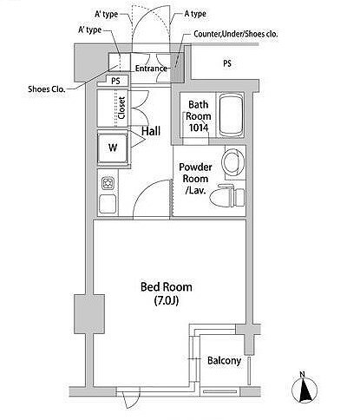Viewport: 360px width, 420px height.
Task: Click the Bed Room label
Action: [167, 287]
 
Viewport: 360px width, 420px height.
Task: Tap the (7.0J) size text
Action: [167, 301]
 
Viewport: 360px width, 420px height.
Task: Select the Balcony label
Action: [225, 361]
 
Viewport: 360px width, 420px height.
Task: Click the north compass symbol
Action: [304, 389]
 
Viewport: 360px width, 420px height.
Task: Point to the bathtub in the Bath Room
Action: [232, 115]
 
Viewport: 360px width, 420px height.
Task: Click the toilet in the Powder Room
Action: [226, 196]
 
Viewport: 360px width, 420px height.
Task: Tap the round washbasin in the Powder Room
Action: [233, 161]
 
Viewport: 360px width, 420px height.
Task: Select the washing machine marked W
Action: [113, 148]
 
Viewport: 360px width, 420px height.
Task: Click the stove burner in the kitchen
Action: [108, 183]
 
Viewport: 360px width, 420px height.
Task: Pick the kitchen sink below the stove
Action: [108, 204]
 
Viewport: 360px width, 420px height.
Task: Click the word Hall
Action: [151, 131]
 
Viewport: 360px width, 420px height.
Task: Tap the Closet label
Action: [121, 108]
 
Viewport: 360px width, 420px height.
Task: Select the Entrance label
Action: [152, 69]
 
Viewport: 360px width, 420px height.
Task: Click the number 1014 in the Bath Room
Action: [198, 128]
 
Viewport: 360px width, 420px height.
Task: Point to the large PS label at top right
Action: [227, 63]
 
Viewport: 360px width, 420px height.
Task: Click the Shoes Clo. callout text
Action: [47, 89]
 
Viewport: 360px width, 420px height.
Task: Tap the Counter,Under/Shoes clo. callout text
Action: [236, 34]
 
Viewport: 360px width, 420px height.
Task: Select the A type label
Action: [195, 14]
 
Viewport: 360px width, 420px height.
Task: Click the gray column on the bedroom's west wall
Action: [89, 314]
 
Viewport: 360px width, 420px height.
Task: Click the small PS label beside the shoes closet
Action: [115, 81]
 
